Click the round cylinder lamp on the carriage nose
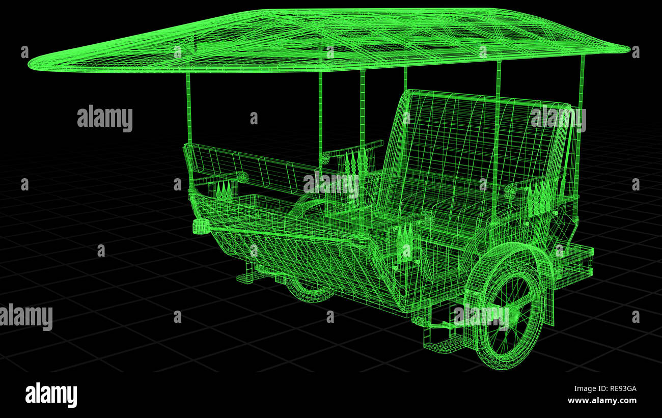pyautogui.click(x=201, y=226)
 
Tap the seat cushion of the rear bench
pyautogui.click(x=448, y=204)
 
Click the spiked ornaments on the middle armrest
pyautogui.click(x=356, y=163)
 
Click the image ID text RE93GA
pyautogui.click(x=617, y=388)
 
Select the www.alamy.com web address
pyautogui.click(x=601, y=401)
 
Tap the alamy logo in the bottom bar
pyautogui.click(x=51, y=395)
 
